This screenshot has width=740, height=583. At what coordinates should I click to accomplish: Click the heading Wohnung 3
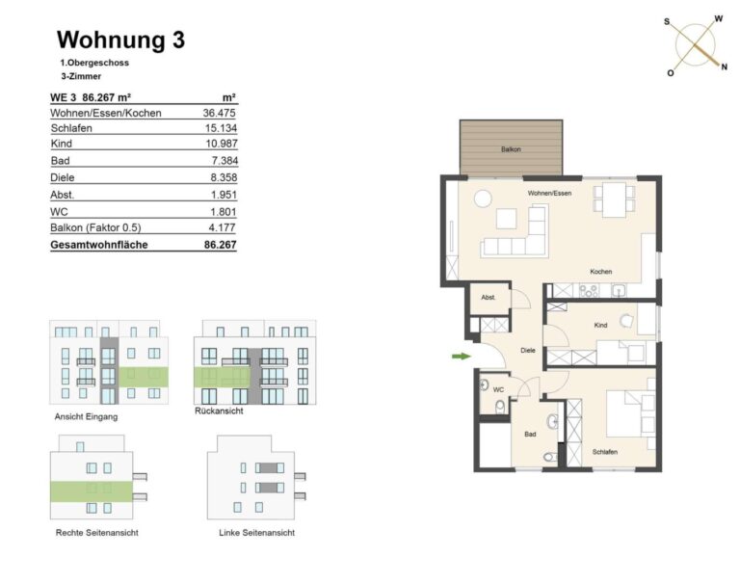pyautogui.click(x=120, y=40)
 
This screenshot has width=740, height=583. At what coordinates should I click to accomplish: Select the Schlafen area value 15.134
pyautogui.click(x=221, y=128)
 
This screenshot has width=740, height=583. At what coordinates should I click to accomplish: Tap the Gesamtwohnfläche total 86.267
pyautogui.click(x=221, y=245)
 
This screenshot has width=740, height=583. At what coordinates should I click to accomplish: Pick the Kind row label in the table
pyautogui.click(x=62, y=144)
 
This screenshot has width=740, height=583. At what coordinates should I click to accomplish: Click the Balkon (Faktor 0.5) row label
pyautogui.click(x=95, y=227)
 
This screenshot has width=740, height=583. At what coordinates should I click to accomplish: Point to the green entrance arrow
pyautogui.click(x=462, y=356)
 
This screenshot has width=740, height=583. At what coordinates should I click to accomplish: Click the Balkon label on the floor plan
pyautogui.click(x=511, y=149)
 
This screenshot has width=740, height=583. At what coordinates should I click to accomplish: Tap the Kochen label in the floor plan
pyautogui.click(x=601, y=272)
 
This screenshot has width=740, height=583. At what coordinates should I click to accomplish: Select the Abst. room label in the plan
pyautogui.click(x=488, y=298)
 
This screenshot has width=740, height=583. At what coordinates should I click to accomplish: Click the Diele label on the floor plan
pyautogui.click(x=528, y=350)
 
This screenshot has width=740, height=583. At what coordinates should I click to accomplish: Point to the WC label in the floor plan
pyautogui.click(x=498, y=389)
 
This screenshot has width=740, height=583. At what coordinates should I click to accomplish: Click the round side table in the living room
pyautogui.click(x=483, y=199)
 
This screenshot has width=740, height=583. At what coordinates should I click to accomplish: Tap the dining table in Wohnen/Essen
pyautogui.click(x=614, y=199)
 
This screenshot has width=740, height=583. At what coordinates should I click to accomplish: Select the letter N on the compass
pyautogui.click(x=724, y=67)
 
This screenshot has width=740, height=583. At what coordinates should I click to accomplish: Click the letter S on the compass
pyautogui.click(x=667, y=22)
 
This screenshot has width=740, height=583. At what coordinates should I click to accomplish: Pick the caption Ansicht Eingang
pyautogui.click(x=86, y=417)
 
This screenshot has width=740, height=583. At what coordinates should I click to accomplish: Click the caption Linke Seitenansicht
pyautogui.click(x=256, y=533)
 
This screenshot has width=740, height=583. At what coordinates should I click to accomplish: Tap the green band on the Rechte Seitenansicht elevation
pyautogui.click(x=92, y=491)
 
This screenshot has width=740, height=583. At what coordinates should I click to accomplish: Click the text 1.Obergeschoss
pyautogui.click(x=94, y=63)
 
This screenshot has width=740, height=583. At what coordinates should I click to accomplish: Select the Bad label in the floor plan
pyautogui.click(x=530, y=434)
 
